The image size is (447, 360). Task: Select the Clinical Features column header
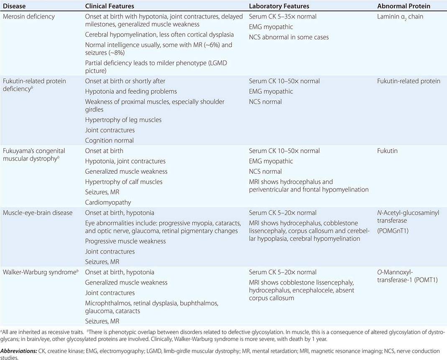point(110,6)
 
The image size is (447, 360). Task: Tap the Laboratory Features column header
point(279,6)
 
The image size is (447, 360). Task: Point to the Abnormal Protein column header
point(404,6)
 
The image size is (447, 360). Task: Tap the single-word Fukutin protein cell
point(387,151)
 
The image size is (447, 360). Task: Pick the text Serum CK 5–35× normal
point(283,17)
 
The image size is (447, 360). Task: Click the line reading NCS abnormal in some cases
point(289,37)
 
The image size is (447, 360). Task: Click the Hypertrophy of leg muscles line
point(123,120)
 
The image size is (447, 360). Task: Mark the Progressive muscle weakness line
point(125,241)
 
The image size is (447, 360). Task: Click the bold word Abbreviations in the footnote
point(18,351)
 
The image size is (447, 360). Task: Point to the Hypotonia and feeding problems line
point(131,91)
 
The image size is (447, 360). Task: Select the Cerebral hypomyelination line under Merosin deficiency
point(159,34)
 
